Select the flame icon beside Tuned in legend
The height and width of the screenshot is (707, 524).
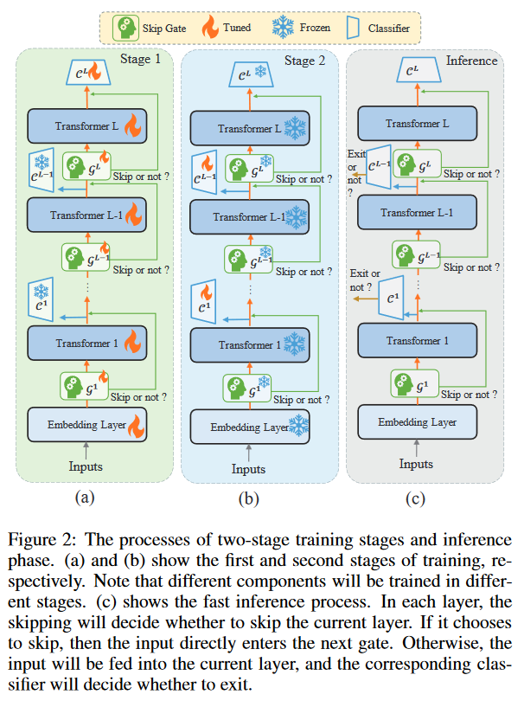(x=216, y=28)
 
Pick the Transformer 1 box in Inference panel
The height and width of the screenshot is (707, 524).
(x=418, y=341)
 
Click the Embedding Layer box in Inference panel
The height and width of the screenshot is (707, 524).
(x=418, y=422)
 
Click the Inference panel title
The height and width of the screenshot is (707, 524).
(x=471, y=61)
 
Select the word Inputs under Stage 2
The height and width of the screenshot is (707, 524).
(x=248, y=469)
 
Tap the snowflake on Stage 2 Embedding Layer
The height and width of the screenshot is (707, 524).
(x=298, y=426)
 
